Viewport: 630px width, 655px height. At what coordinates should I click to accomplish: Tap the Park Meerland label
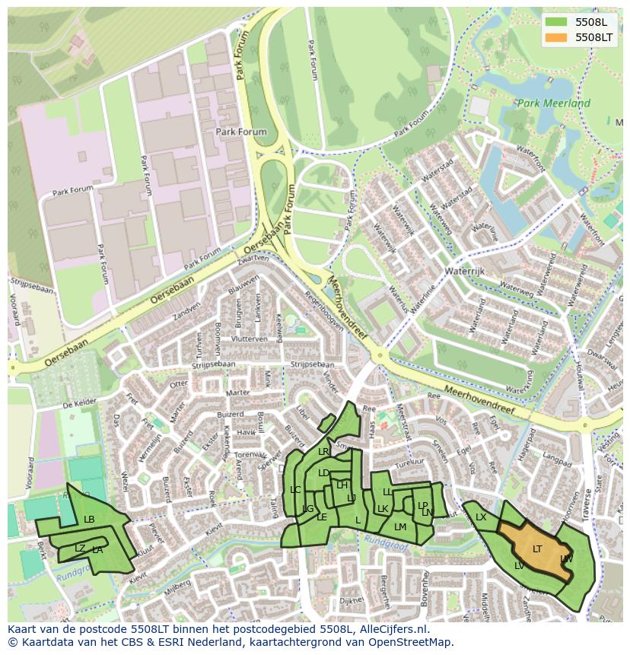[x=553, y=103]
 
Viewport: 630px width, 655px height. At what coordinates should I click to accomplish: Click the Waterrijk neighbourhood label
[x=465, y=270]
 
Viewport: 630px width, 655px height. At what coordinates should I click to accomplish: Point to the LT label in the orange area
[x=537, y=548]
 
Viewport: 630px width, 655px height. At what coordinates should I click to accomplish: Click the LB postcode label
[x=89, y=520]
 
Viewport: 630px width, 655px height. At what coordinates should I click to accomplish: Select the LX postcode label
[x=481, y=517]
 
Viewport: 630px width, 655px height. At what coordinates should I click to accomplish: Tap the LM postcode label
[x=400, y=526]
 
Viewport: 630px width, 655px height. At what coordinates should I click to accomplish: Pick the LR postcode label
[x=323, y=452]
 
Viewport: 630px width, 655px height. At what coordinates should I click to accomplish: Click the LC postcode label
[x=295, y=490]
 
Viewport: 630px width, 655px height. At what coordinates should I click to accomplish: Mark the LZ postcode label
[x=80, y=548]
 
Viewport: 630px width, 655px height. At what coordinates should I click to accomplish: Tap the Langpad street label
[x=558, y=462]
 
